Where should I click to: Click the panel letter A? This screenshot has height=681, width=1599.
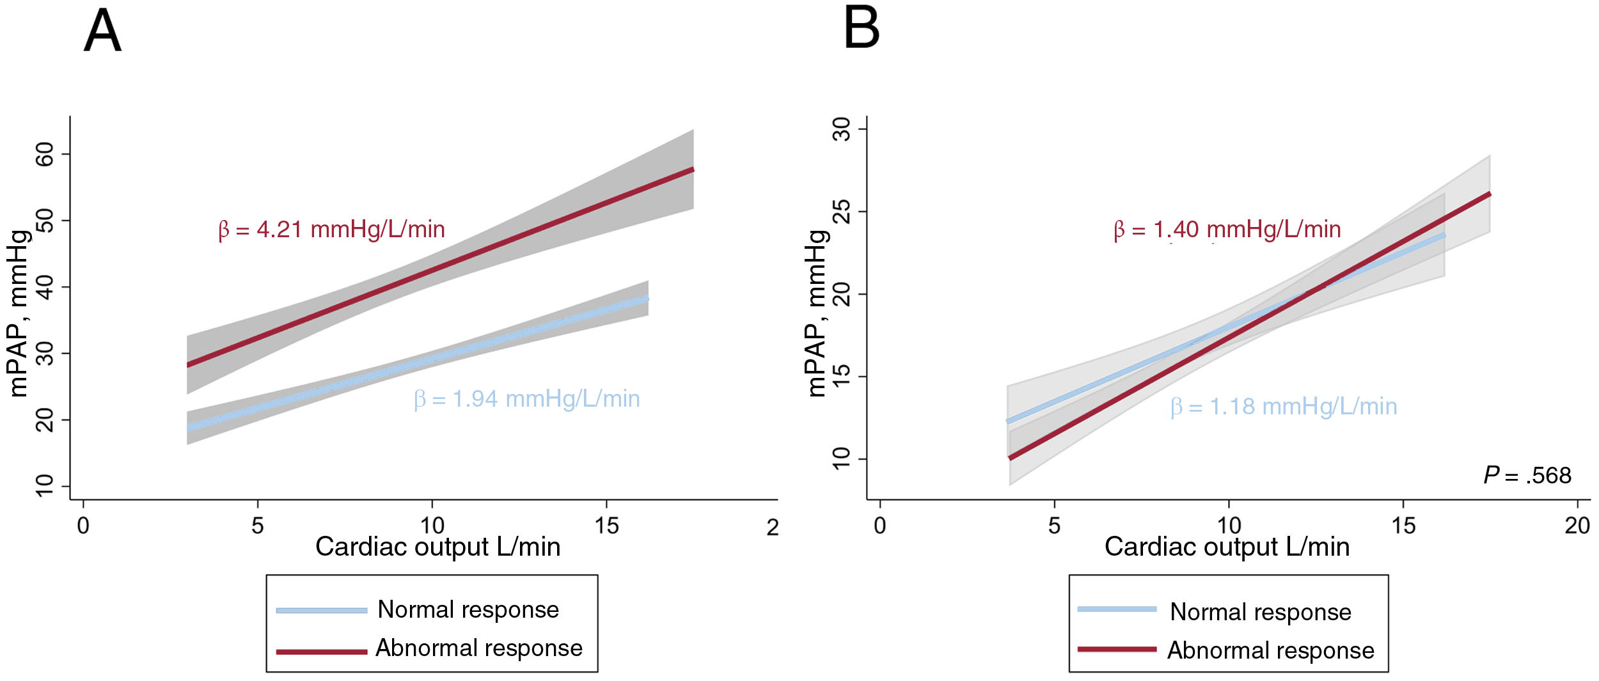pyautogui.click(x=102, y=31)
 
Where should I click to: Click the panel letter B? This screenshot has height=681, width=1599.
pyautogui.click(x=861, y=28)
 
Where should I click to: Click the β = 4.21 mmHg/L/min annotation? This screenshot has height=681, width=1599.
pyautogui.click(x=331, y=230)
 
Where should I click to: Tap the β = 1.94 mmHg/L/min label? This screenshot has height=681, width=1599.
pyautogui.click(x=526, y=399)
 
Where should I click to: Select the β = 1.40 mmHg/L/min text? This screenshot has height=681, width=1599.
pyautogui.click(x=1227, y=230)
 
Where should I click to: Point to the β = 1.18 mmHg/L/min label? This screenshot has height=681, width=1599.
pyautogui.click(x=1283, y=407)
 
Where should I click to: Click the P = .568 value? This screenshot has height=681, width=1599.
pyautogui.click(x=1527, y=475)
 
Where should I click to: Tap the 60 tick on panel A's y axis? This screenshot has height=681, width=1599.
pyautogui.click(x=45, y=154)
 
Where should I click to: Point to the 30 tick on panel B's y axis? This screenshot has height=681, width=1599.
pyautogui.click(x=842, y=129)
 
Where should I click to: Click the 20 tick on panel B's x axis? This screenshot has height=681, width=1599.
pyautogui.click(x=1577, y=526)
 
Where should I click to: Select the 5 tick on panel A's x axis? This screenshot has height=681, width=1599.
pyautogui.click(x=257, y=526)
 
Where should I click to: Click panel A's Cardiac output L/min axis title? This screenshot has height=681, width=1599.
pyautogui.click(x=437, y=547)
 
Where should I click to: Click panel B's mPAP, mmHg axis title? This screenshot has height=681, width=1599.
pyautogui.click(x=817, y=313)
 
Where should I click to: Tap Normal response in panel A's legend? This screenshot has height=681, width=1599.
pyautogui.click(x=468, y=609)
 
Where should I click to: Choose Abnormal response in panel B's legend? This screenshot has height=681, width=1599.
pyautogui.click(x=1270, y=650)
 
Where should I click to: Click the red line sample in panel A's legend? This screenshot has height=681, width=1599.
pyautogui.click(x=321, y=652)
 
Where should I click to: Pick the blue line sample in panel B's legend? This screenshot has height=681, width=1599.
pyautogui.click(x=1117, y=609)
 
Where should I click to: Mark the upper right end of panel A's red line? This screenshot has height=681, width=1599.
pyautogui.click(x=692, y=170)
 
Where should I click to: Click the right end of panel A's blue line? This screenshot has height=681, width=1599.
pyautogui.click(x=647, y=299)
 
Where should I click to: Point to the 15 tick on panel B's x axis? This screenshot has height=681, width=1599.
pyautogui.click(x=1403, y=526)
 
